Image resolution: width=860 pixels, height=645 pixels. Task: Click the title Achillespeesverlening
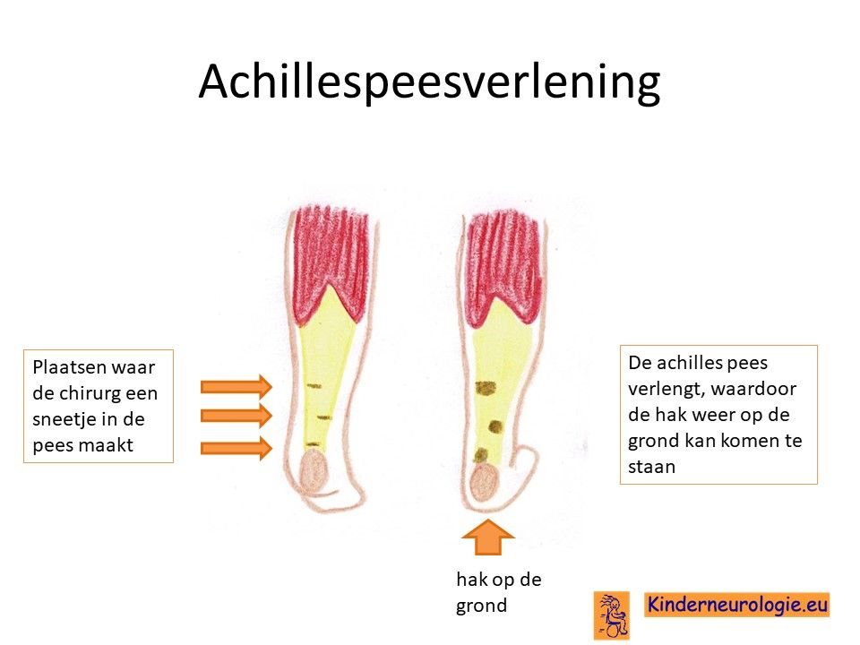(x=429, y=82)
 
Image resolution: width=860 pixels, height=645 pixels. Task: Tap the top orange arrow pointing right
(x=236, y=387)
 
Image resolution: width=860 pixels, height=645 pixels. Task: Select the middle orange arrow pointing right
(x=236, y=416)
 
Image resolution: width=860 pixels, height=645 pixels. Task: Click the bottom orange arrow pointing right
(x=236, y=448)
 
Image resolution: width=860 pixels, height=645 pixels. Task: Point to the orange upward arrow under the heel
(x=487, y=537)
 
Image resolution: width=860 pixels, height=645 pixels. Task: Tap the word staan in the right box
(x=651, y=468)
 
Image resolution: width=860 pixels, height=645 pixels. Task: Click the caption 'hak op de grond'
(x=499, y=592)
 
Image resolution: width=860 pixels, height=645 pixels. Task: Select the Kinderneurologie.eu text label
(x=737, y=605)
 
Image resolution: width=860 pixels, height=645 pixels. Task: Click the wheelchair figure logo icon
(x=612, y=615)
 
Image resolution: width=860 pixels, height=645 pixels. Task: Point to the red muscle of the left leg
(x=331, y=264)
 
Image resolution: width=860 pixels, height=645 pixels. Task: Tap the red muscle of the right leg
(x=503, y=269)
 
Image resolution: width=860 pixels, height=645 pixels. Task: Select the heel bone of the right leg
(x=484, y=483)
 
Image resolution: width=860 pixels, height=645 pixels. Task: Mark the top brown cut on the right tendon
(x=486, y=389)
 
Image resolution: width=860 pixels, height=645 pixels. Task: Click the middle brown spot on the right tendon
(x=495, y=426)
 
